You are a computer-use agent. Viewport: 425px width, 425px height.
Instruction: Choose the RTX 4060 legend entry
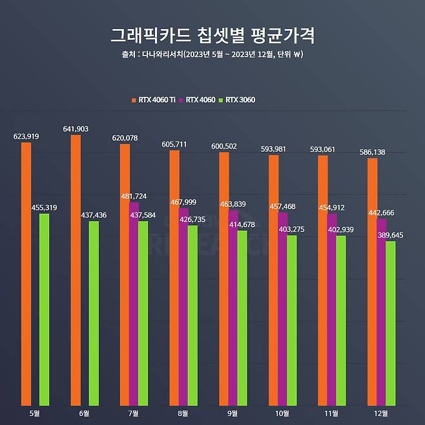[x=198, y=99]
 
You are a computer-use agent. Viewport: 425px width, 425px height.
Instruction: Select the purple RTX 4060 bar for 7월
[x=134, y=304]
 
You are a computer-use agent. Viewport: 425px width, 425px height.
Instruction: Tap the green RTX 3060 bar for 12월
[x=390, y=323]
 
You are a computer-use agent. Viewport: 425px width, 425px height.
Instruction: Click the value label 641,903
[x=76, y=129]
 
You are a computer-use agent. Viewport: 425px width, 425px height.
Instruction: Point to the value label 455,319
[x=44, y=207]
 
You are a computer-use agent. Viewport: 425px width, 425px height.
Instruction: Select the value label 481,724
[x=134, y=196]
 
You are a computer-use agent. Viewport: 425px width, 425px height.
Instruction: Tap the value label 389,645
[x=390, y=235]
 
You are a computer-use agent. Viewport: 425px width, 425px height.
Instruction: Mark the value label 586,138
[x=373, y=152]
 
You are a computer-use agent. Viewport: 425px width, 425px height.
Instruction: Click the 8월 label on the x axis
[x=183, y=413]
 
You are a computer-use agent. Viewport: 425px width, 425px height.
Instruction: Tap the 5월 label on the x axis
[x=34, y=413]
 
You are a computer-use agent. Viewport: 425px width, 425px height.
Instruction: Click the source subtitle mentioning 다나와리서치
[x=212, y=54]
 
